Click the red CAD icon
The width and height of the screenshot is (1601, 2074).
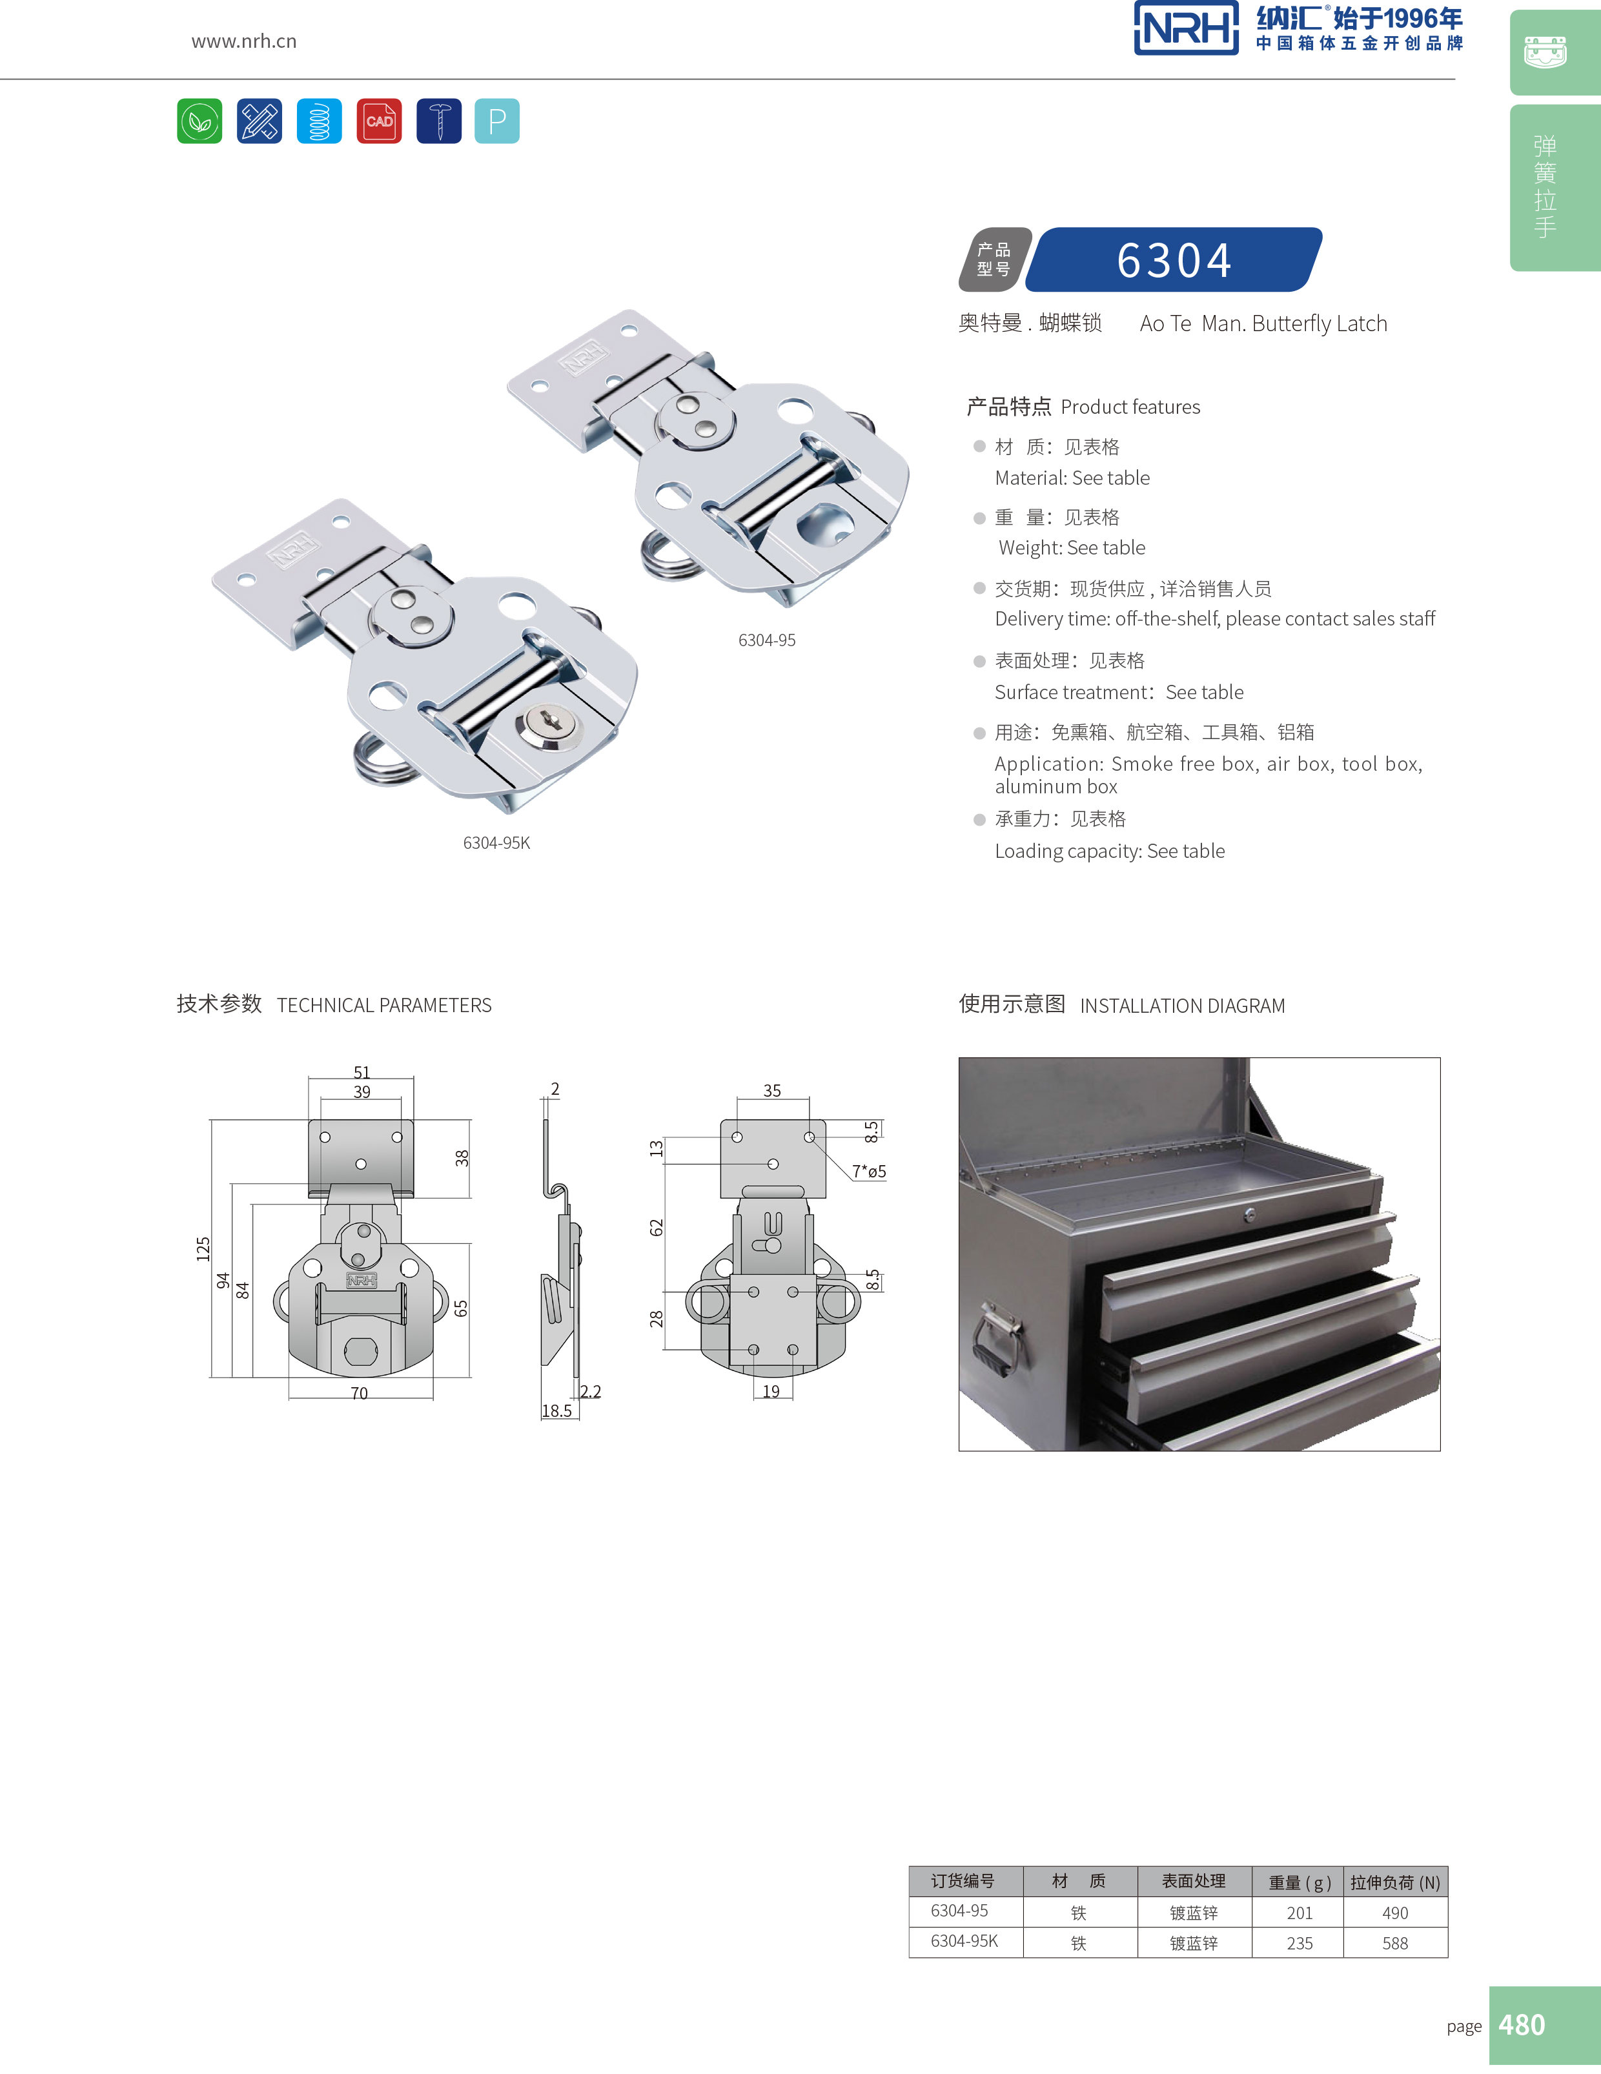pos(379,121)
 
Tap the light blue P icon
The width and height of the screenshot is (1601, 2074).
pos(496,121)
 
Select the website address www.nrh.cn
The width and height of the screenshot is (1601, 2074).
pos(244,41)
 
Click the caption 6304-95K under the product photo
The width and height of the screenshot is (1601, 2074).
pos(496,842)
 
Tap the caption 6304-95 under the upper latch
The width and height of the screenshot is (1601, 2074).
pos(768,640)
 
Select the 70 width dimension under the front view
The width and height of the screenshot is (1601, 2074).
pos(359,1393)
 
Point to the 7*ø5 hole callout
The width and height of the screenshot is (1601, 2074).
pos(869,1171)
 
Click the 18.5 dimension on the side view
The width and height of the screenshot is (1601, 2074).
pos(556,1411)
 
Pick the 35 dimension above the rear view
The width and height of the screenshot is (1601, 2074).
pos(772,1090)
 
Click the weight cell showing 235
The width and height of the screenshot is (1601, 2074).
pos(1299,1943)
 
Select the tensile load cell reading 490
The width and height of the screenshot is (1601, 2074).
pos(1395,1913)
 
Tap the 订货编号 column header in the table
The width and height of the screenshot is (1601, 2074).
pos(963,1880)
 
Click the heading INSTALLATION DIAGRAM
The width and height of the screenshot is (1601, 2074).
pos(1182,1006)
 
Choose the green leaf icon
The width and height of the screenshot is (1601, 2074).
pos(199,121)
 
